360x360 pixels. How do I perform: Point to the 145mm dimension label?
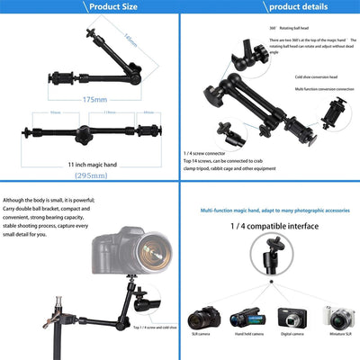click(x=131, y=41)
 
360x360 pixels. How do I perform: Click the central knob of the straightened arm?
click(x=84, y=137)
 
